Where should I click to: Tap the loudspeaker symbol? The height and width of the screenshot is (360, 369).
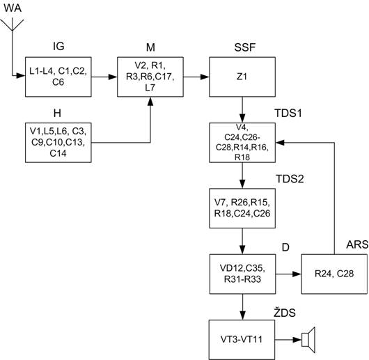(x=308, y=340)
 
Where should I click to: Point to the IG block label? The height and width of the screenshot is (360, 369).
(x=58, y=46)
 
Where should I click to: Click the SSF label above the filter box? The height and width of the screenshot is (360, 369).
(x=245, y=47)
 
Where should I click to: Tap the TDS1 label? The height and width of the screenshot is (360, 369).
(x=288, y=114)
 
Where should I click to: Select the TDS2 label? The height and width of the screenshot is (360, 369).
(x=290, y=179)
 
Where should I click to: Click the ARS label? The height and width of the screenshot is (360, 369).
(x=357, y=244)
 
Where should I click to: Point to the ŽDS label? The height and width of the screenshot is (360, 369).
(x=285, y=313)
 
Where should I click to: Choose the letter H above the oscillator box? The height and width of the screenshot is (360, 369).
(x=57, y=114)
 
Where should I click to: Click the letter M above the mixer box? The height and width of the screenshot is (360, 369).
(x=150, y=47)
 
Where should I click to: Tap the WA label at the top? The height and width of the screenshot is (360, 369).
(x=13, y=8)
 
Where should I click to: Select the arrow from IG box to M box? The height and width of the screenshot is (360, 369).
(x=104, y=77)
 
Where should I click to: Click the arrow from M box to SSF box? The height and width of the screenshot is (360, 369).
(x=196, y=77)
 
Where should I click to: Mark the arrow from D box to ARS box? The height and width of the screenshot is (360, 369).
(x=288, y=274)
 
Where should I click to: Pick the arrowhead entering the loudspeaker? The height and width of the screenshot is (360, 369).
(x=297, y=340)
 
